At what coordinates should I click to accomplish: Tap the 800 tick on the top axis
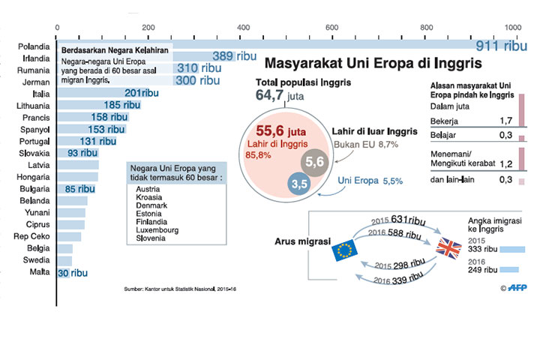point(426,28)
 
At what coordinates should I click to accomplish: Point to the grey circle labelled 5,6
point(314,161)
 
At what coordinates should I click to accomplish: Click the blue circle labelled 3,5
point(300,183)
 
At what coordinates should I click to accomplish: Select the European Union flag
point(346,250)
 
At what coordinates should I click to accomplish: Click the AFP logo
point(517,287)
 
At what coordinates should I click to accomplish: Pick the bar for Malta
point(63,273)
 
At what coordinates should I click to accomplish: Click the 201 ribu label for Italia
point(142,93)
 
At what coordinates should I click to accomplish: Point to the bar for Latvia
point(77,165)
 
